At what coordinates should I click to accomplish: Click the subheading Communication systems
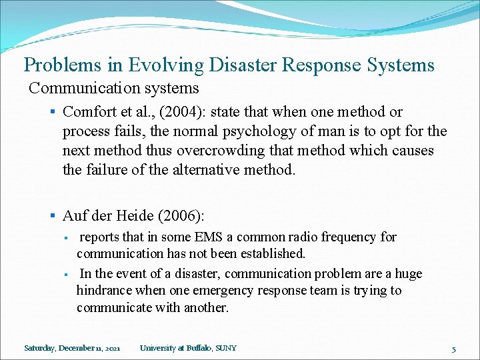click(114, 88)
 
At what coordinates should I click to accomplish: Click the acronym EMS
click(205, 237)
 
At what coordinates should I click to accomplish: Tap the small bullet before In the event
click(67, 274)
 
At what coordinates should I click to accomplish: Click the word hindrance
click(106, 291)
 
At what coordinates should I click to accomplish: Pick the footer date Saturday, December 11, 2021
click(72, 348)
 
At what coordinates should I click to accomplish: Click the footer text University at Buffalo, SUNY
click(188, 348)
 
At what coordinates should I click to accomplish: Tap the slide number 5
click(453, 349)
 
